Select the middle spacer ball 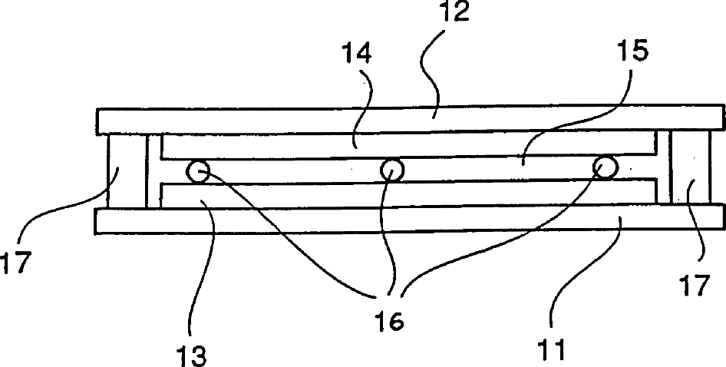coord(392,169)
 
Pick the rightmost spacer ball coord(605,167)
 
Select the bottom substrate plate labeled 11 coord(307,221)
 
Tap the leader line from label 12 coord(437,77)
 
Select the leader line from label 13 coord(206,269)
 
